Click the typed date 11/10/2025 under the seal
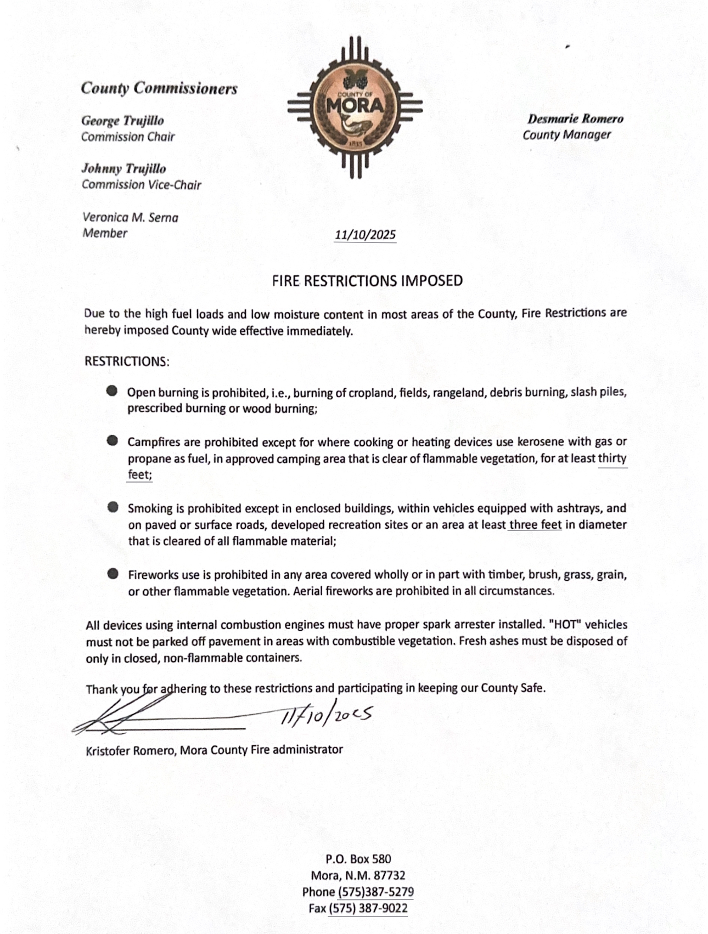(365, 235)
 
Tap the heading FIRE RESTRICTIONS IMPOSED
(367, 281)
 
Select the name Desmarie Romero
(575, 119)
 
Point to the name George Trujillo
(122, 121)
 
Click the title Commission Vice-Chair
(141, 185)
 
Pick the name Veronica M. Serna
(130, 218)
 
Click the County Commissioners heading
(159, 88)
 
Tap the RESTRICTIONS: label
(127, 361)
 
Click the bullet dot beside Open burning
(113, 391)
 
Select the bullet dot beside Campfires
(113, 440)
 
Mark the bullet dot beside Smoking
(113, 507)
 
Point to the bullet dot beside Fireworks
(113, 574)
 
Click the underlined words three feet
(535, 525)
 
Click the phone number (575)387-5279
(375, 892)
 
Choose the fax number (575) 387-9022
(368, 908)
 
